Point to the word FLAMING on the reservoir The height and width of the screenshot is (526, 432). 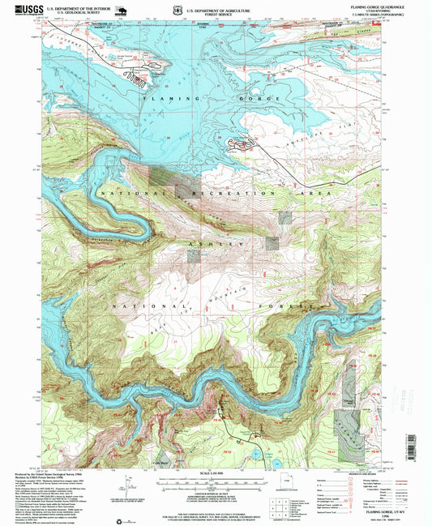pos(161,98)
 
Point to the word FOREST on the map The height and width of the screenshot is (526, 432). pos(290,307)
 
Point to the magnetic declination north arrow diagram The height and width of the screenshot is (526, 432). pos(126,491)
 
